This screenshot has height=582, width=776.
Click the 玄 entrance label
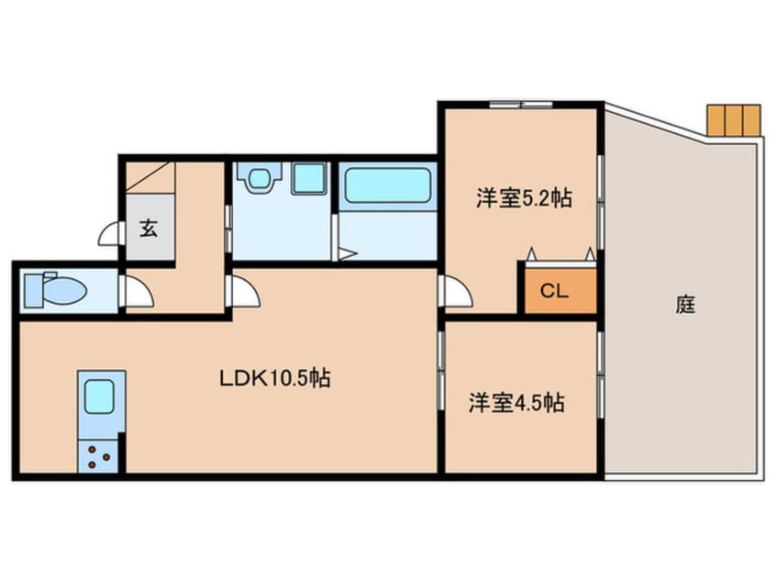coord(148,228)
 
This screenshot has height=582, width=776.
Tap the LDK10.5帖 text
coord(275,376)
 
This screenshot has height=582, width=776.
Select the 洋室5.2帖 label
coord(523,198)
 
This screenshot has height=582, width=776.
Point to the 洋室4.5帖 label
coord(516,402)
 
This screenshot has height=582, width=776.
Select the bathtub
coord(388,185)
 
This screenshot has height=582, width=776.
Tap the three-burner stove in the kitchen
coord(100,454)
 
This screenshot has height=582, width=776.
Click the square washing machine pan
coord(309,178)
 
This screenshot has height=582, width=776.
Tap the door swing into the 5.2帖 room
coord(456,292)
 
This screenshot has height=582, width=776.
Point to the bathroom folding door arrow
coord(346,254)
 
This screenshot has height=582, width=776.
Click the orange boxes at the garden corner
coord(733,119)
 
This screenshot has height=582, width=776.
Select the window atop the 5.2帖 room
coord(520,104)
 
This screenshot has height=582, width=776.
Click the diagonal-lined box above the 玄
coord(149,177)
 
